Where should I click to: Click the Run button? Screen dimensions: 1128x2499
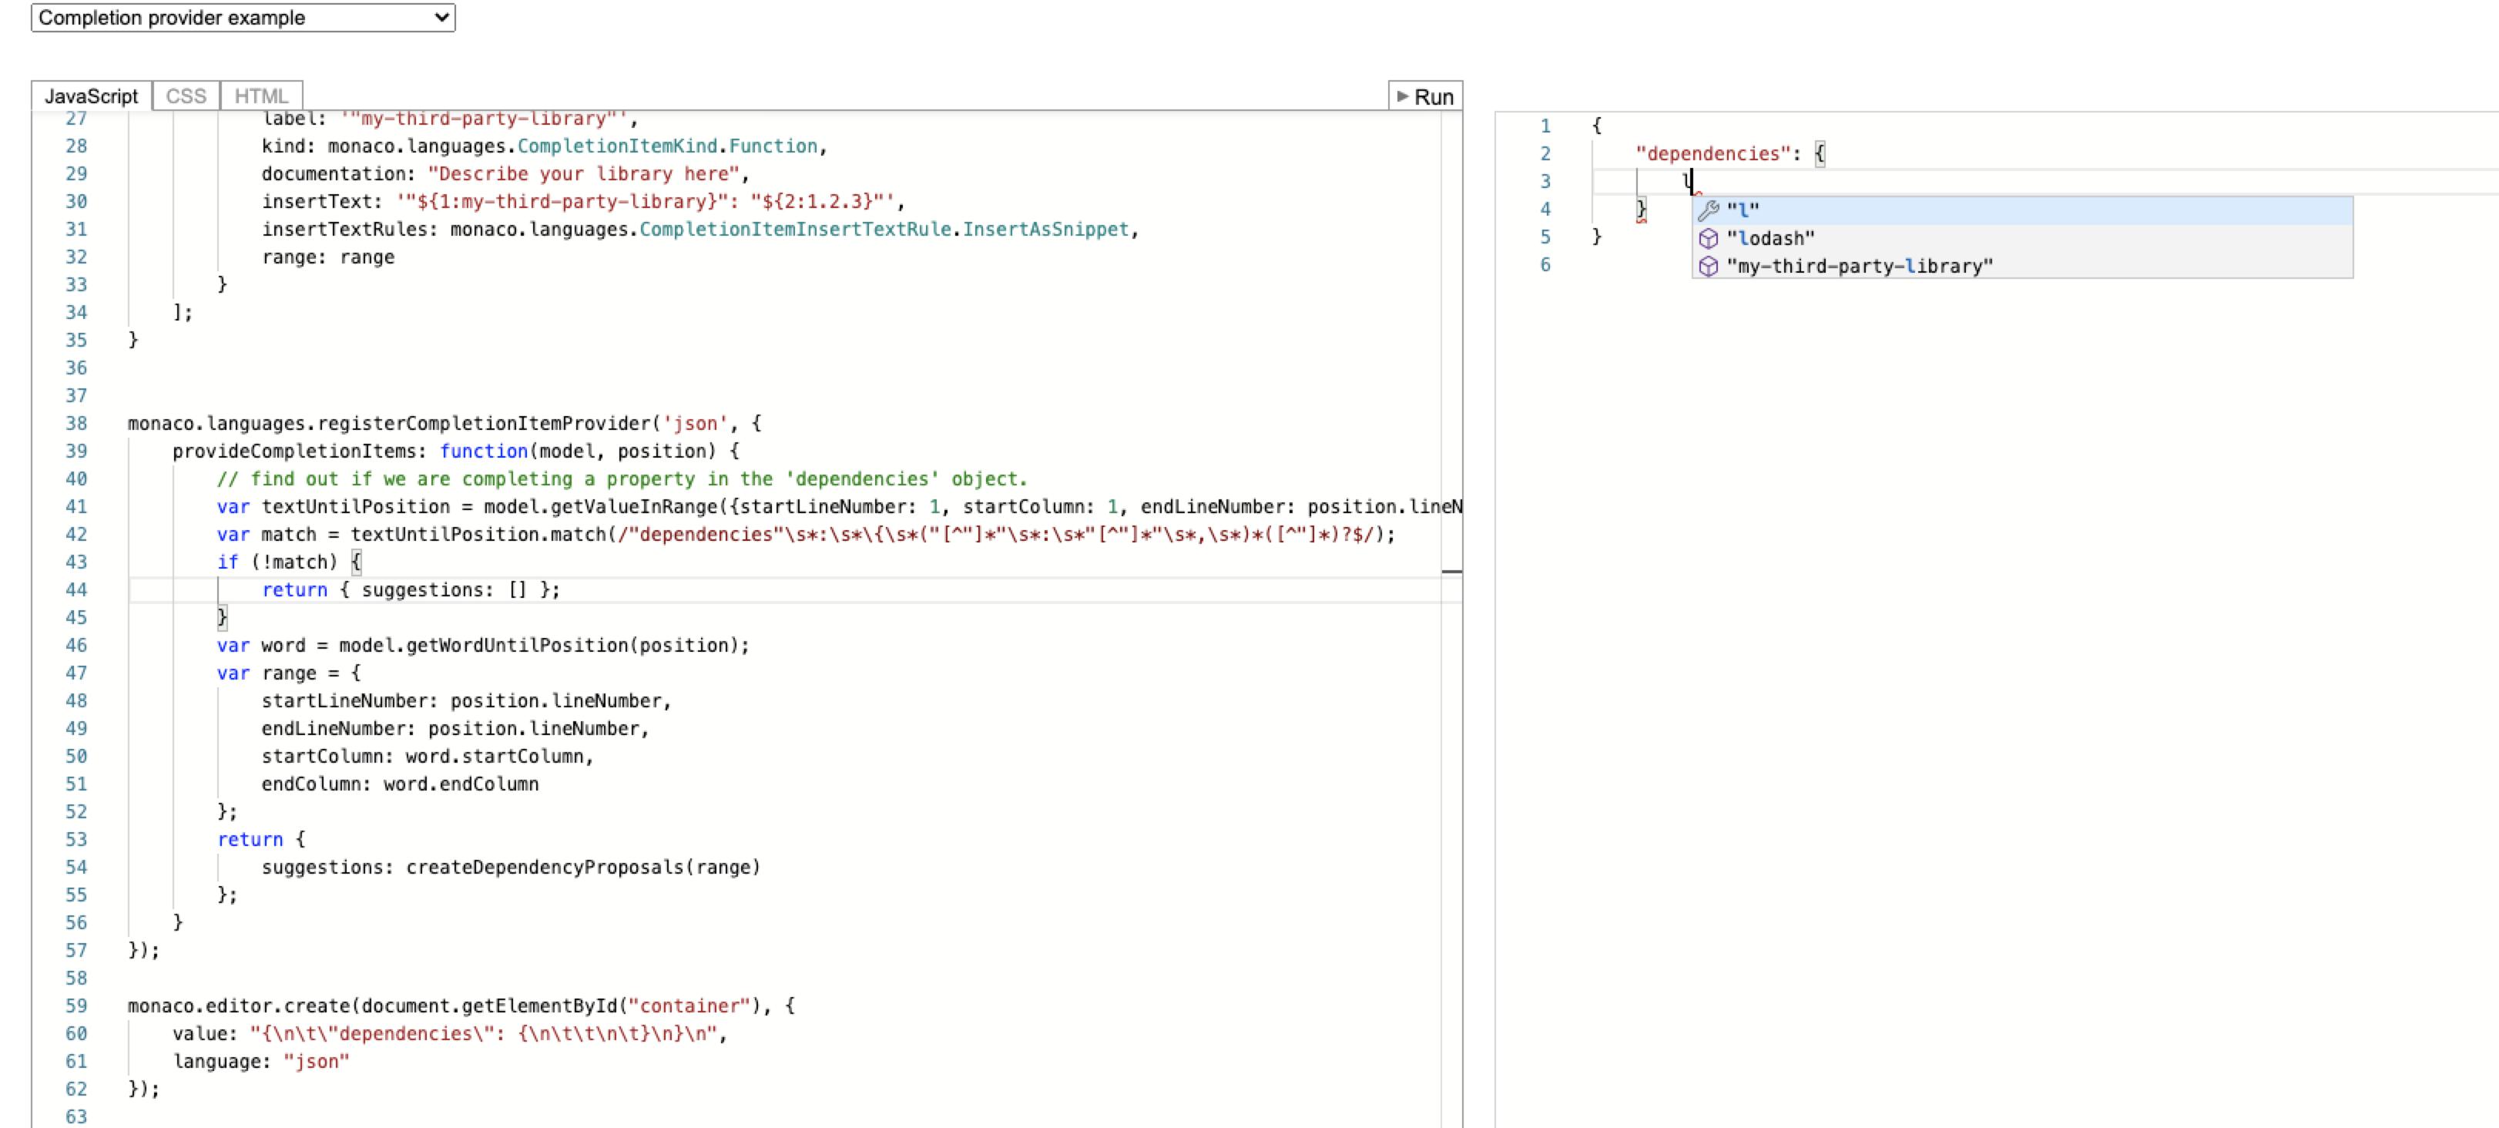pos(1425,97)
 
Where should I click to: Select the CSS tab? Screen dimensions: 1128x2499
pos(186,96)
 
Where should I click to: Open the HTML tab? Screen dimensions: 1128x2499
pos(261,96)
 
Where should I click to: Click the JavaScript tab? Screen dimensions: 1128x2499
pos(91,96)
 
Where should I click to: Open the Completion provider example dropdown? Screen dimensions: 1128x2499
pos(243,18)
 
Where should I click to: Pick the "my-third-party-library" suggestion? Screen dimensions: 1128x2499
pos(1859,267)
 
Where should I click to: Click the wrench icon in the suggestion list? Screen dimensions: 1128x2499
pos(1709,210)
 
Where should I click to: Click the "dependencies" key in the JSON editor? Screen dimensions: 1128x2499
pos(1713,154)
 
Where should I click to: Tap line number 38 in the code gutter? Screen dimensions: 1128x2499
pos(76,424)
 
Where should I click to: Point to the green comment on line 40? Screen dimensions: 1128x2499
pos(621,479)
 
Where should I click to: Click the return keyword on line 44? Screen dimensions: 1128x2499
pos(294,589)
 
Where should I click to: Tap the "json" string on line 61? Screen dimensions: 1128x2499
pos(317,1061)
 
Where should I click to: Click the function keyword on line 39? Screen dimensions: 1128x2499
pos(483,451)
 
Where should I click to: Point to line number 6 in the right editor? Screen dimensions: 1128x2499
pos(1545,265)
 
